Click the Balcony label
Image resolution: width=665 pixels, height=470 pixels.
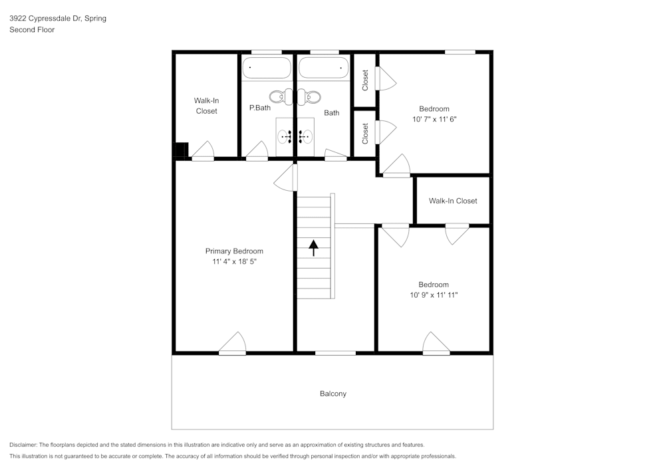click(x=332, y=394)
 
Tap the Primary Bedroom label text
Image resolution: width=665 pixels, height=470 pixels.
click(x=233, y=251)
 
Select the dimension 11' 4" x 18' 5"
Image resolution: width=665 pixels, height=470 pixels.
click(x=233, y=262)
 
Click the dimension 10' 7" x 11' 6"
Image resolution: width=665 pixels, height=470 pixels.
click(x=434, y=120)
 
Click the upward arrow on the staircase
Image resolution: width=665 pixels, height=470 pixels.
click(x=313, y=247)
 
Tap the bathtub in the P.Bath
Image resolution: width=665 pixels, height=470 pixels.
click(x=266, y=68)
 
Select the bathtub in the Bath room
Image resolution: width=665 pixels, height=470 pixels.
click(x=323, y=68)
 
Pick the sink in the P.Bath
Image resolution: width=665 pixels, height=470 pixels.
click(x=285, y=137)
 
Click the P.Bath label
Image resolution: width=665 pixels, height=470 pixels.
click(x=259, y=108)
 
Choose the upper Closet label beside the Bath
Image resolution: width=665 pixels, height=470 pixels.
click(x=365, y=80)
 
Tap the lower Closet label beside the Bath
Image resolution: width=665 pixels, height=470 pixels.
click(x=365, y=134)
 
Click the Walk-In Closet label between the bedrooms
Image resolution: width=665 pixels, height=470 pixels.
click(x=452, y=201)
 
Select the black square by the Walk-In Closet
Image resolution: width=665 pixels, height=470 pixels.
click(x=180, y=150)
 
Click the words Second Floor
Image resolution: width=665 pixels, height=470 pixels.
click(x=32, y=30)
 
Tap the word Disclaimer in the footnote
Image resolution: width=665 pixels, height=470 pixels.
click(x=23, y=445)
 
